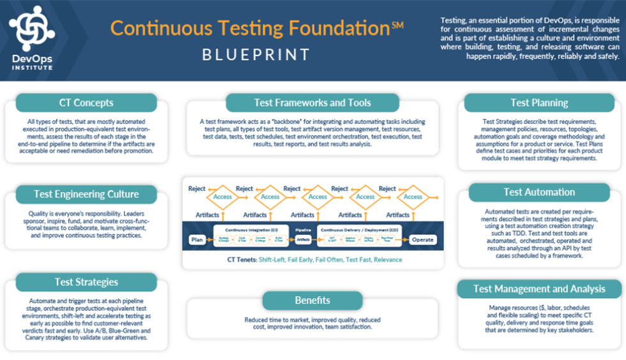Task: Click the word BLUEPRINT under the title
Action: [x=256, y=55]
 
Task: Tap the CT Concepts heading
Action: [x=86, y=103]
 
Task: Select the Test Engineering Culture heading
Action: [x=86, y=194]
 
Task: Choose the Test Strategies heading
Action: [x=86, y=281]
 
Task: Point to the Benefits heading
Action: [x=312, y=300]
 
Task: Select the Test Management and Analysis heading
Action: [x=539, y=289]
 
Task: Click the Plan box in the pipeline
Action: [x=197, y=240]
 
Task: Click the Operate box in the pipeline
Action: [x=422, y=240]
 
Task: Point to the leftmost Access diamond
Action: [x=223, y=197]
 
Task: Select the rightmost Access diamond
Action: [x=413, y=197]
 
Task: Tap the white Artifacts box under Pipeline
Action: [x=303, y=240]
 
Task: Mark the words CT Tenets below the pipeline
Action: [x=241, y=260]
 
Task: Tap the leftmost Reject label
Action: [x=197, y=189]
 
